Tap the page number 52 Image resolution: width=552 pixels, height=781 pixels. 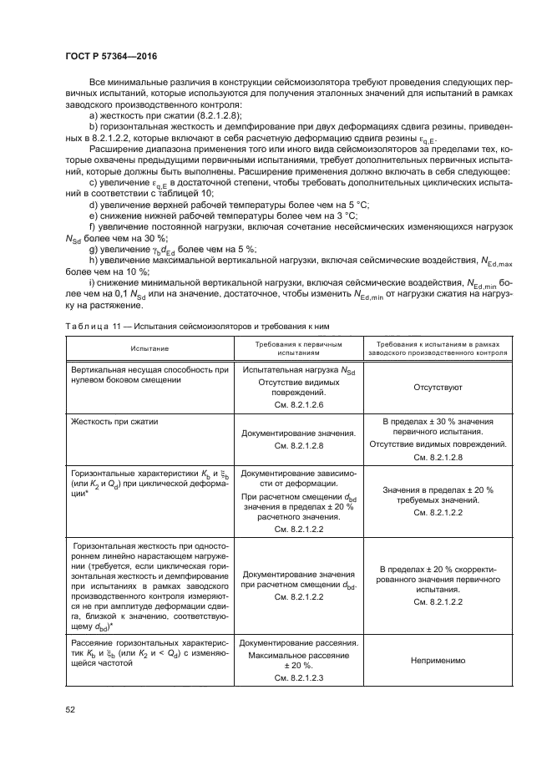(x=70, y=710)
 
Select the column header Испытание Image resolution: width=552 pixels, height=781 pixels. (x=149, y=348)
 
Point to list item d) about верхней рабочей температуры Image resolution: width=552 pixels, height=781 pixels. (x=228, y=205)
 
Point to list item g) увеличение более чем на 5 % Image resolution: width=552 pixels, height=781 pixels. (x=172, y=249)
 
